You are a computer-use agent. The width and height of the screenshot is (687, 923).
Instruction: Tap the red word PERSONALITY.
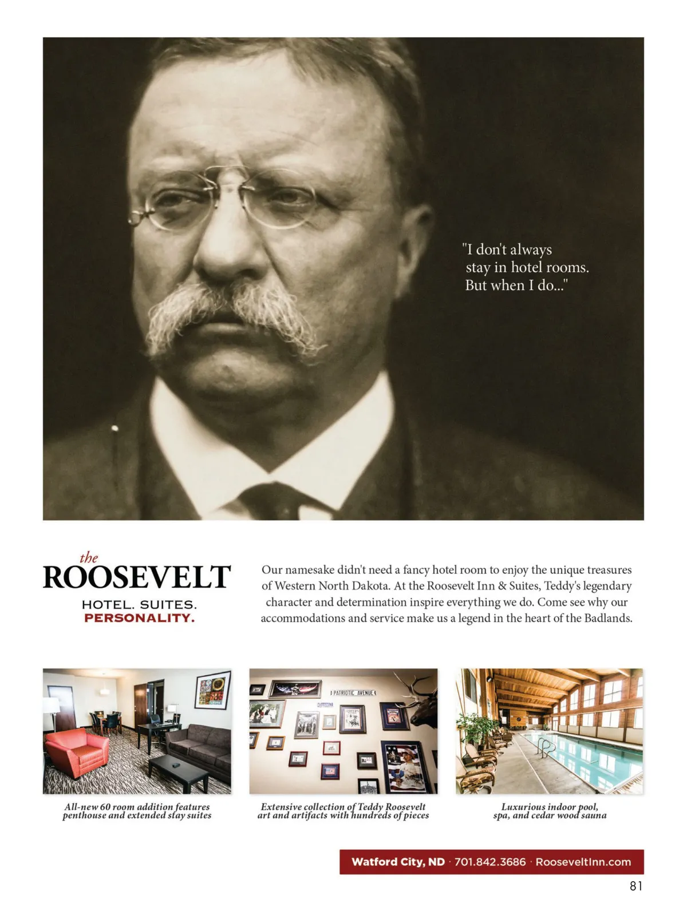[x=139, y=618]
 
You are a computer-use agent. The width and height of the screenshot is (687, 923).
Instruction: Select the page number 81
[x=636, y=886]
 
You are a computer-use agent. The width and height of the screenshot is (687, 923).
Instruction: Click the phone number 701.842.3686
[x=489, y=862]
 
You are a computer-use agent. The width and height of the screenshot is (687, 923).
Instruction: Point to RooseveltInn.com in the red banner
[x=583, y=862]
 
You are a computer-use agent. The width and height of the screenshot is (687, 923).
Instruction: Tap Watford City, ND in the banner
[x=398, y=862]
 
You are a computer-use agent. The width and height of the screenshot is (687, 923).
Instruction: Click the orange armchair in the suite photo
[x=76, y=749]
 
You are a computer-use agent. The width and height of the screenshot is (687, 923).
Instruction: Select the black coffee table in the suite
[x=182, y=770]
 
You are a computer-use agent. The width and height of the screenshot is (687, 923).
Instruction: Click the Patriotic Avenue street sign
[x=354, y=693]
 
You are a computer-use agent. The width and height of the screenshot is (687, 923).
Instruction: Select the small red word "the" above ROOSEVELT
[x=89, y=557]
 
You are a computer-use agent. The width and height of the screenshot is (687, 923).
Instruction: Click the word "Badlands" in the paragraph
[x=607, y=618]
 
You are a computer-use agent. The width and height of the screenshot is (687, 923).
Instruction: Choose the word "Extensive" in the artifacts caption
[x=282, y=807]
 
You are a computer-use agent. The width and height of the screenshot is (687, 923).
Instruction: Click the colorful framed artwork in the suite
[x=212, y=690]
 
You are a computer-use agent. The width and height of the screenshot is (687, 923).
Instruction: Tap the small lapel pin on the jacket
[x=114, y=428]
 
